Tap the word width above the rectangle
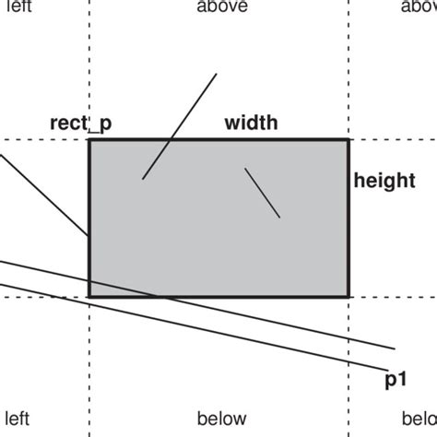251,122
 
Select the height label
384,181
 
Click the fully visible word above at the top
222,7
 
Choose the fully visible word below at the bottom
222,419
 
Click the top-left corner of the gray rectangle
89,140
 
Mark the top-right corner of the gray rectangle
349,140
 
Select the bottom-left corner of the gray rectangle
89,296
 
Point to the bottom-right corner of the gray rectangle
349,296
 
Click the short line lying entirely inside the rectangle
262,193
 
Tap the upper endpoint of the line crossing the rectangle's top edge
217,74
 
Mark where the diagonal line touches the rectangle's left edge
89,236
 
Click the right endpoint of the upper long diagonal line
396,349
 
